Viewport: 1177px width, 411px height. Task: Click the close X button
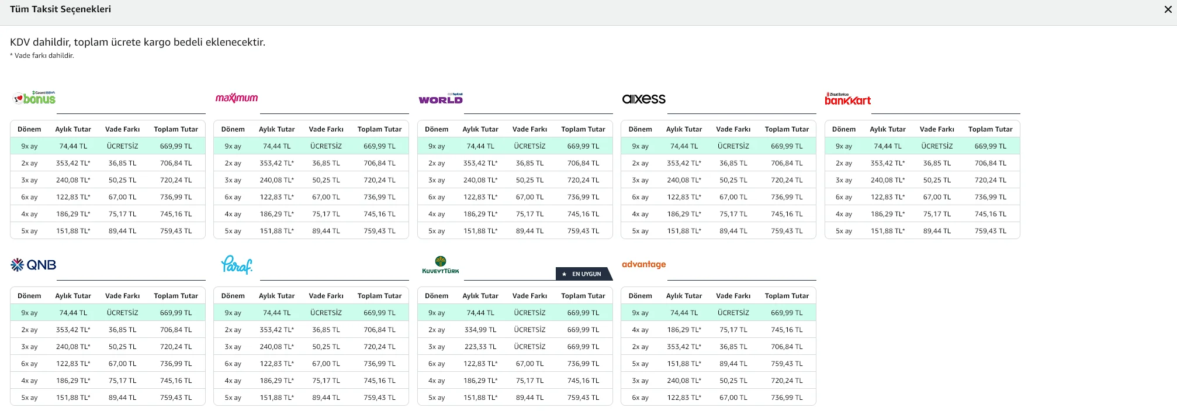pos(1168,9)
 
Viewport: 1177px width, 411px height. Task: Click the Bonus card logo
pos(34,98)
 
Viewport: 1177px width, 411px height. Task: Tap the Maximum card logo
pos(237,98)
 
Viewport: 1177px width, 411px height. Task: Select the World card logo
pos(441,98)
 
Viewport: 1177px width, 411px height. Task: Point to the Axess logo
pos(644,99)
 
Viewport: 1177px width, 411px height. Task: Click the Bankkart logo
pos(847,99)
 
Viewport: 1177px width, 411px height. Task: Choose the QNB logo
pos(33,265)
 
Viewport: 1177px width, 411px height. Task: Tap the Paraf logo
pos(237,265)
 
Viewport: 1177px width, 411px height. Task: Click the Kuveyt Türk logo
pos(441,265)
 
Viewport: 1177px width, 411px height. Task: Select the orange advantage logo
pos(644,264)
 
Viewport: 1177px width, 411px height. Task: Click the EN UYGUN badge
pos(584,274)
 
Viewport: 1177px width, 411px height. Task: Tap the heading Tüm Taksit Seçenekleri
pos(61,9)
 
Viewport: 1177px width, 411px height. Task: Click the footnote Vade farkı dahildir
pos(42,56)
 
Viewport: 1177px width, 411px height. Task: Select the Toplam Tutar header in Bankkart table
pos(990,129)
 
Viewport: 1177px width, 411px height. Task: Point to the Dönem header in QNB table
pos(29,296)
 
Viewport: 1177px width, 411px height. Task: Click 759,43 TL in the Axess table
pos(787,231)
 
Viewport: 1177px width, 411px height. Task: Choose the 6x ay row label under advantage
pos(640,398)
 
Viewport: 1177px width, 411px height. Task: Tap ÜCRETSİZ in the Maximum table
pos(326,146)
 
